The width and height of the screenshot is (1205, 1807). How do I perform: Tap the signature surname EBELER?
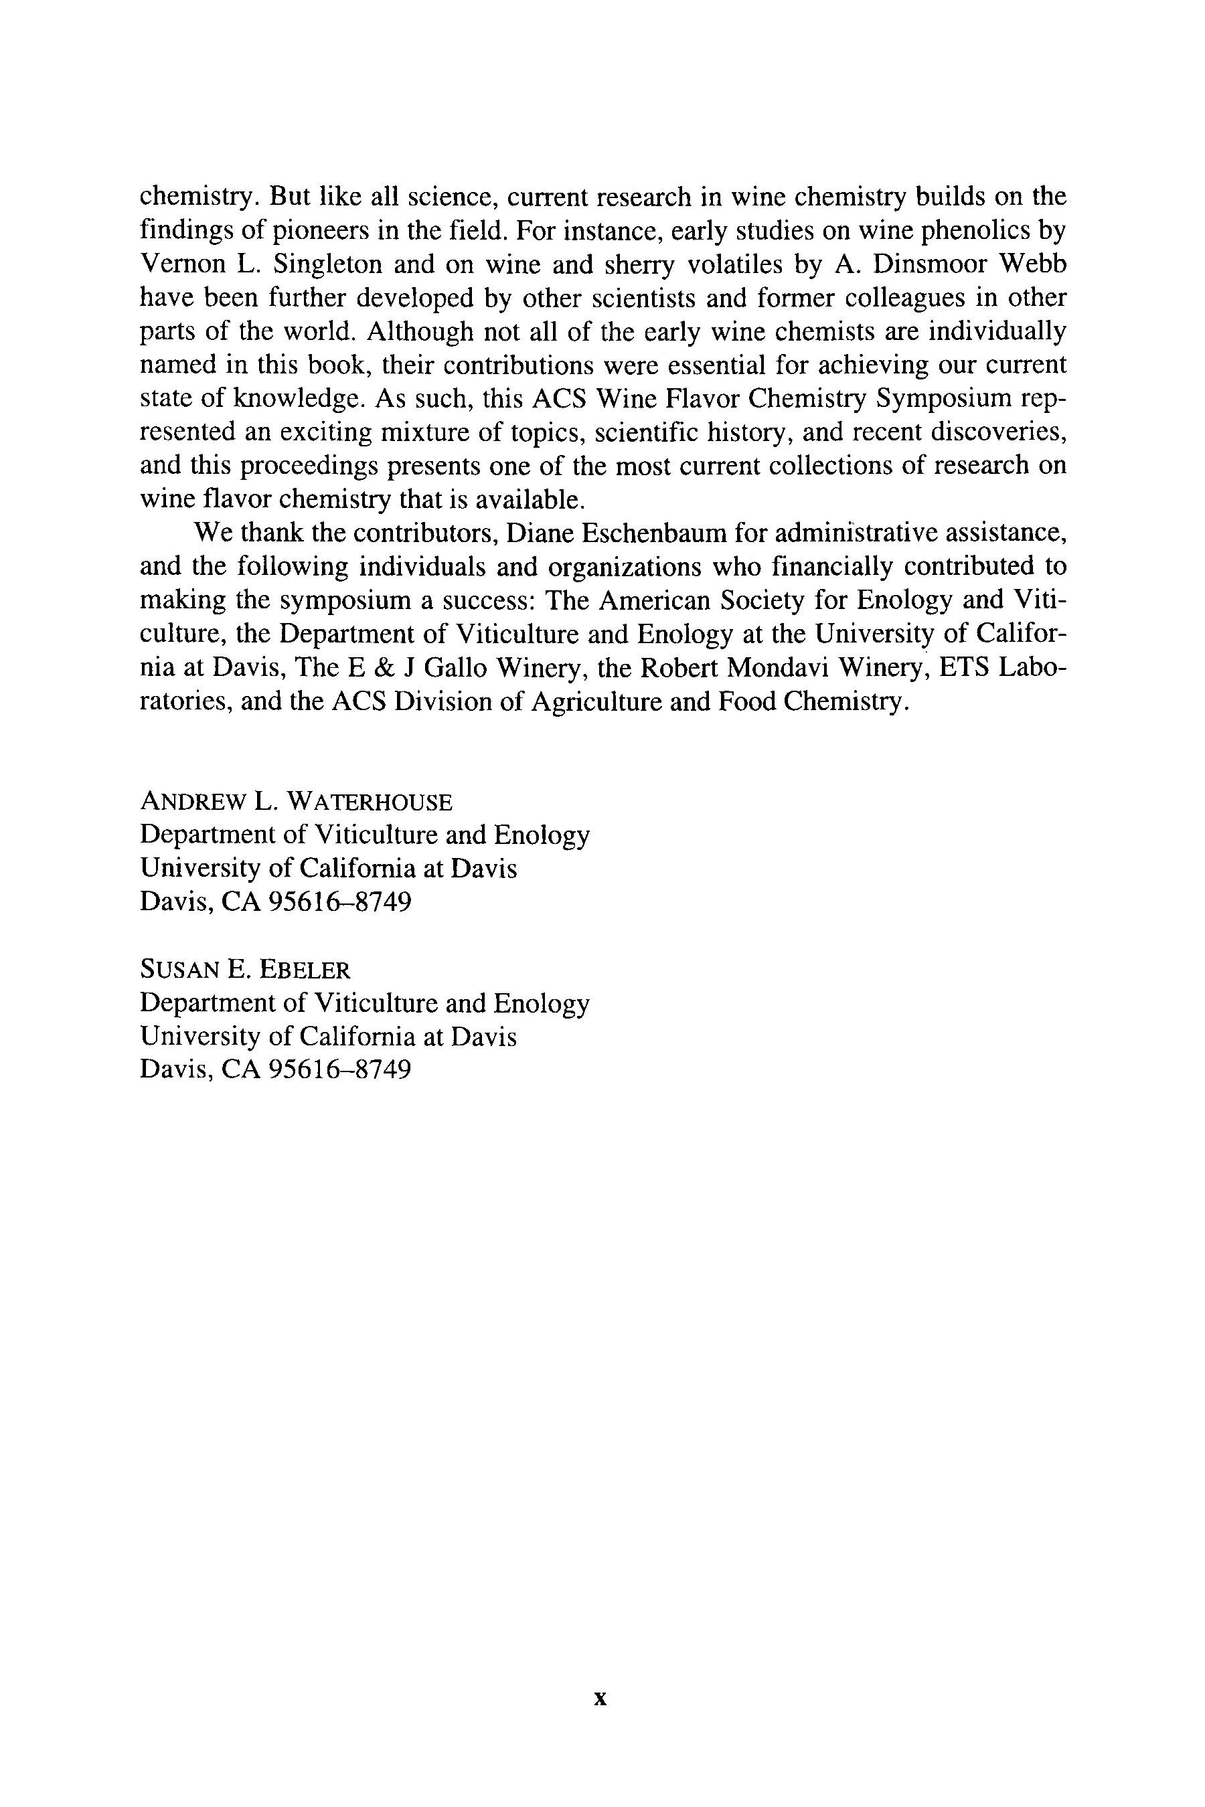(305, 970)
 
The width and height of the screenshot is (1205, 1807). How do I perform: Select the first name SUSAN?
(179, 970)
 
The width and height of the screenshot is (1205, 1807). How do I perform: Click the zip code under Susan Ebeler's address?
(341, 1069)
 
